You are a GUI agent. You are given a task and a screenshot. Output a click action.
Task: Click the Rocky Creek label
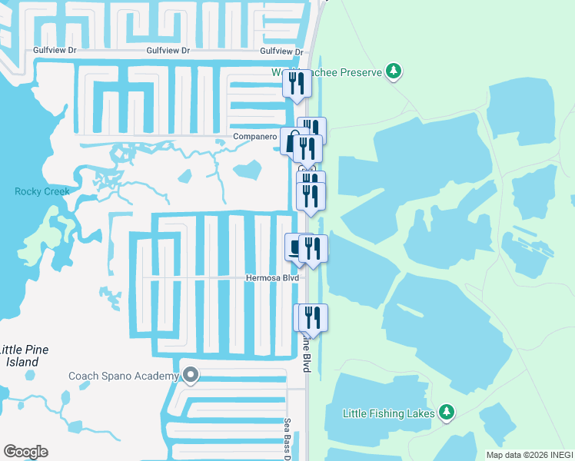click(42, 191)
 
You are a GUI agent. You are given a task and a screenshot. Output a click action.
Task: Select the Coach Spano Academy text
click(123, 376)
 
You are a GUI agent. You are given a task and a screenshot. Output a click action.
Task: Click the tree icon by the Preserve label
click(394, 71)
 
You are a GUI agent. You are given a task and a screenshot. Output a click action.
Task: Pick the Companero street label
click(255, 138)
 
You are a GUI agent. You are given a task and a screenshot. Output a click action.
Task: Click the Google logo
click(25, 451)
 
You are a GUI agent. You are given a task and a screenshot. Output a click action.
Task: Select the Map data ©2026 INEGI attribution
click(530, 455)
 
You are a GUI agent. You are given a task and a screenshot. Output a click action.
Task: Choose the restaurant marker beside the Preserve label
click(297, 83)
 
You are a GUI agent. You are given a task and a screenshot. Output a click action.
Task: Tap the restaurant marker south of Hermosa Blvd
click(311, 317)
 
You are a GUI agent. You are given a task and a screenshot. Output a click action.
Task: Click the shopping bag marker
click(293, 141)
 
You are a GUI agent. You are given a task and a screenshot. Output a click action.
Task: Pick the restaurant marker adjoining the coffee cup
click(313, 247)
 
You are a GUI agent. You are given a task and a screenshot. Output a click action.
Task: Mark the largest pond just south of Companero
click(248, 168)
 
